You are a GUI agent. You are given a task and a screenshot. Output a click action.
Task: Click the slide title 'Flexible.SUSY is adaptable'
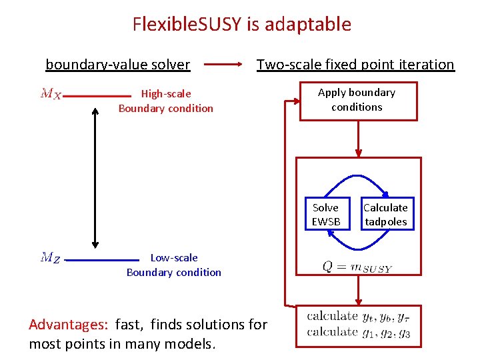(241, 25)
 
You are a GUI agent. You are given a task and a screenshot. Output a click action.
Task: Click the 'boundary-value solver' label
(117, 65)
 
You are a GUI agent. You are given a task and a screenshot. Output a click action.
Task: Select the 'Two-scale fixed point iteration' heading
(355, 65)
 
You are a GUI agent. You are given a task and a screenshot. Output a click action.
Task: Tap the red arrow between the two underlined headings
(223, 65)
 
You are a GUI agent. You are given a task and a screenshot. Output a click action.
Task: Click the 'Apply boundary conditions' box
(358, 101)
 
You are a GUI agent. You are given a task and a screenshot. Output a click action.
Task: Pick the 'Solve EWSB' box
(325, 215)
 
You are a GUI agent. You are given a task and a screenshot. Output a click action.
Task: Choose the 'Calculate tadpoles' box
(385, 215)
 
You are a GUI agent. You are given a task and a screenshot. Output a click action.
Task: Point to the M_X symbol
(51, 94)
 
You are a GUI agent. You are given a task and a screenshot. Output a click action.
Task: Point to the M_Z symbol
(51, 257)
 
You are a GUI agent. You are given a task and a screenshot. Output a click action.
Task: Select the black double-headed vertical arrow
(95, 177)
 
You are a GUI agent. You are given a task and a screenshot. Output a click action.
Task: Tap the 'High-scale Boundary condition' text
(166, 101)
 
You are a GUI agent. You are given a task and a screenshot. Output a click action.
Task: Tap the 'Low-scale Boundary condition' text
(174, 265)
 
